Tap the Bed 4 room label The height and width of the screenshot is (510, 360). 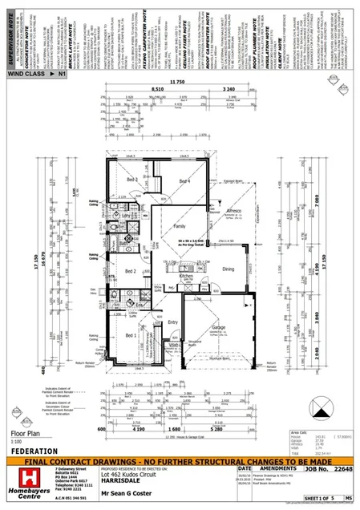click(184, 180)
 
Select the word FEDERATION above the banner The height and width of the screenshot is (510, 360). click(35, 451)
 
